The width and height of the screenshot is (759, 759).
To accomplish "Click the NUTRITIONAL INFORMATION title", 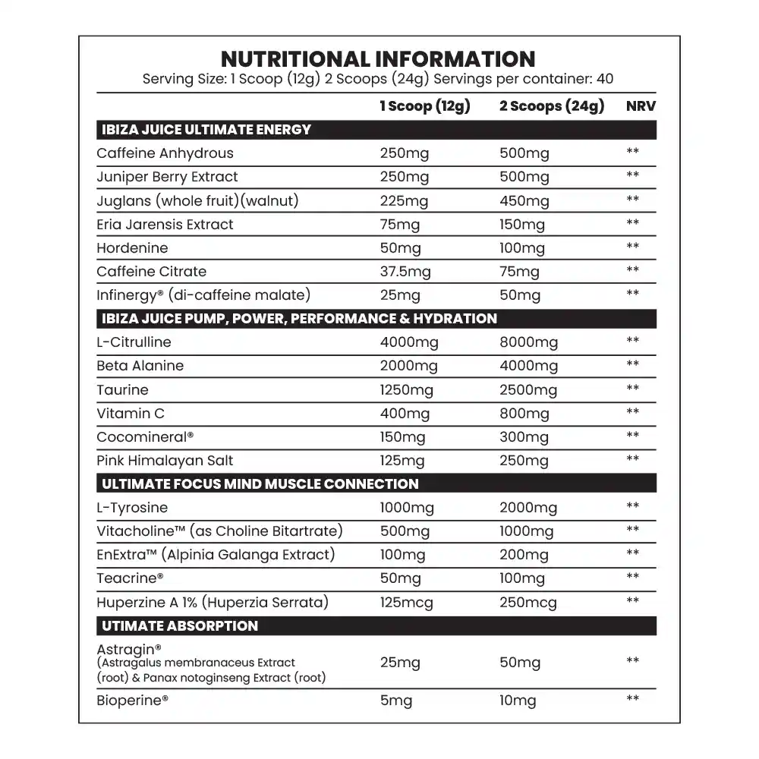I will click(377, 59).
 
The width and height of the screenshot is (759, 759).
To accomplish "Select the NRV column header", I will click(641, 106).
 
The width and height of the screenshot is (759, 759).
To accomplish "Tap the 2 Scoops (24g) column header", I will click(552, 106).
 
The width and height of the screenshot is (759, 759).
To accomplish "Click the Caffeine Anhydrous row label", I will click(165, 153).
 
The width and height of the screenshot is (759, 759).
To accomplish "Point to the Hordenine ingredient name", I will click(132, 248).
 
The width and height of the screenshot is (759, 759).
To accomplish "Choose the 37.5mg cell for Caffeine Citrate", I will click(405, 272).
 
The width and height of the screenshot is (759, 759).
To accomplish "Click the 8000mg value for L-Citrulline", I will click(528, 342).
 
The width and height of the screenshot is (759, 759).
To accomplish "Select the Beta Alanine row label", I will click(140, 366).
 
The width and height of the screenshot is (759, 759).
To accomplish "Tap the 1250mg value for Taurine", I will click(406, 390).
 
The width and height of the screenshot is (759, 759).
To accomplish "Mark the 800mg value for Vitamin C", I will click(524, 414).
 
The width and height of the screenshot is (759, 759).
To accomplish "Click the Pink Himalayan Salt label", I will click(165, 461).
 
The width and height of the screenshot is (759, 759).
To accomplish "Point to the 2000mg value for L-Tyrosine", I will click(528, 508).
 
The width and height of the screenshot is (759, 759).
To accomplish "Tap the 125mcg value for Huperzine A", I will click(408, 603).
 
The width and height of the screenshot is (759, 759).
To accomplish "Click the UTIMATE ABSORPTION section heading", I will click(180, 626).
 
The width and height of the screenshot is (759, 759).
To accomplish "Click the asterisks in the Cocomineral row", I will click(632, 436).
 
